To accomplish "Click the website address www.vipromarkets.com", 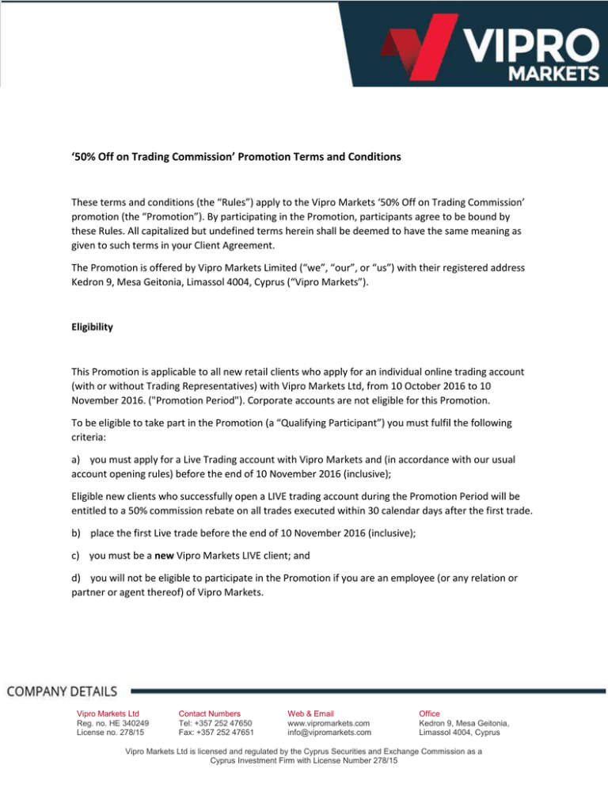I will (x=329, y=723).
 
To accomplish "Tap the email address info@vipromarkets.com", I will (x=329, y=733).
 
